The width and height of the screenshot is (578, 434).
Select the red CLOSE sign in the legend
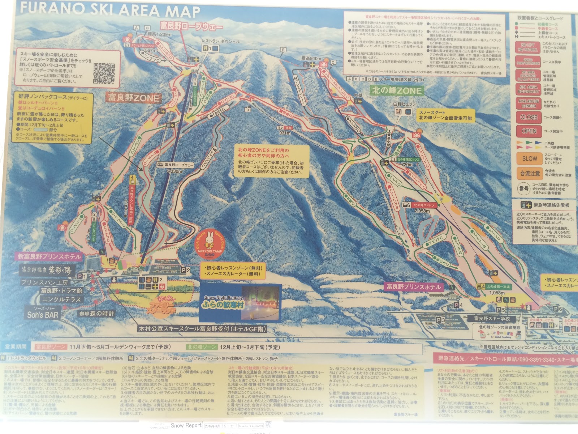coord(529,117)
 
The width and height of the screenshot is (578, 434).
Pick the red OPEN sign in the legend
coord(529,131)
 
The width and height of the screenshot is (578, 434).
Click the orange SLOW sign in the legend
coord(529,158)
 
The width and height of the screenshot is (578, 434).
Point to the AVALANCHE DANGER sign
coord(529,104)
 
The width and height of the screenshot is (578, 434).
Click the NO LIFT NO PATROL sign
coord(528,47)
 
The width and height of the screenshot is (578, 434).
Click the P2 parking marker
coord(185,270)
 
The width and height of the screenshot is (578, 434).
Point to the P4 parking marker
coord(458,305)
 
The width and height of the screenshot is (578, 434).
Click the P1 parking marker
coord(82,276)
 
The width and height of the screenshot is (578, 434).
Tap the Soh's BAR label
coord(42,315)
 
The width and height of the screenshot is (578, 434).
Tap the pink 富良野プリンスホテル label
coord(414,287)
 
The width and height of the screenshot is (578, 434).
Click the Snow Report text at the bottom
coord(186,426)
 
